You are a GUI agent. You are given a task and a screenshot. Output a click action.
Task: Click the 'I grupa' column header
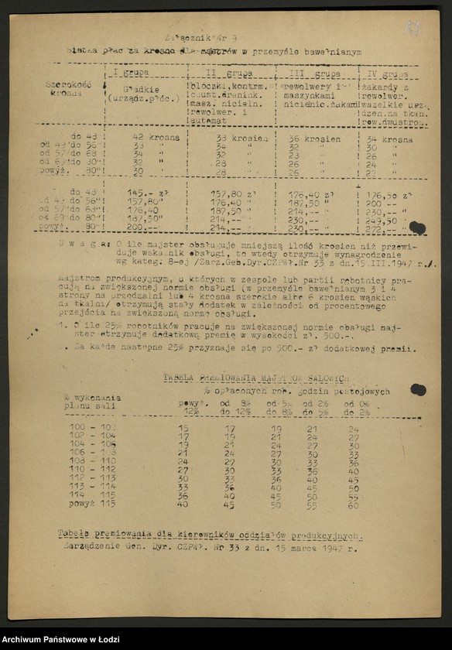[132, 74]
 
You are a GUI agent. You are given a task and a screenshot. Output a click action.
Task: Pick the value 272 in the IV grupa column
[377, 228]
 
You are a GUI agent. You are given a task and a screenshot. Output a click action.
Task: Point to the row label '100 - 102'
[91, 427]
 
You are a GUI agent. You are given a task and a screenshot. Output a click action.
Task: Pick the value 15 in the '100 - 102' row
[183, 427]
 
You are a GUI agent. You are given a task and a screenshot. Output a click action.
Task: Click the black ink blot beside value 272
[418, 227]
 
